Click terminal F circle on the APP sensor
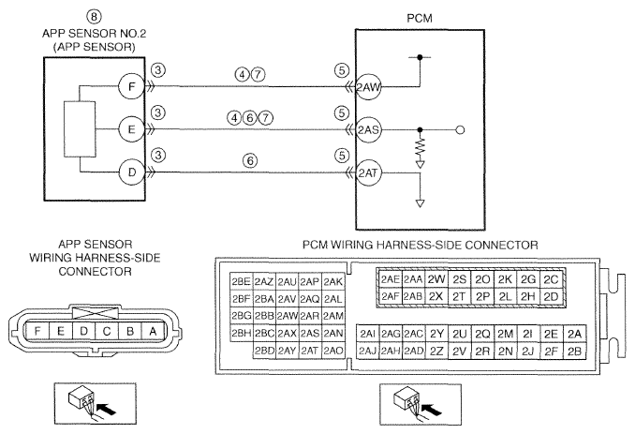click(132, 86)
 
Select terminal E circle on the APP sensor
click(132, 129)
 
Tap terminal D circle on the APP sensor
click(132, 172)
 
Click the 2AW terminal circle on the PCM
click(368, 87)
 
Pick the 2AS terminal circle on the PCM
click(368, 130)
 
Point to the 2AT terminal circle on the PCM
click(368, 173)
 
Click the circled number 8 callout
click(94, 17)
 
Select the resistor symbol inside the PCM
click(421, 147)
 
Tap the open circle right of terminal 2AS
click(461, 130)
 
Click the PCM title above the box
click(420, 18)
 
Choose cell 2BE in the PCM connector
click(241, 281)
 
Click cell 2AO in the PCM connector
click(333, 351)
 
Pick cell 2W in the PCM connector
click(436, 279)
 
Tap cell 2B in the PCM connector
click(574, 351)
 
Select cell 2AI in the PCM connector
click(368, 334)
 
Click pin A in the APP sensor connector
click(153, 332)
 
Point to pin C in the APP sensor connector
click(107, 332)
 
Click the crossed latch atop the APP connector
click(96, 313)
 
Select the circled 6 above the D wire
click(250, 161)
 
